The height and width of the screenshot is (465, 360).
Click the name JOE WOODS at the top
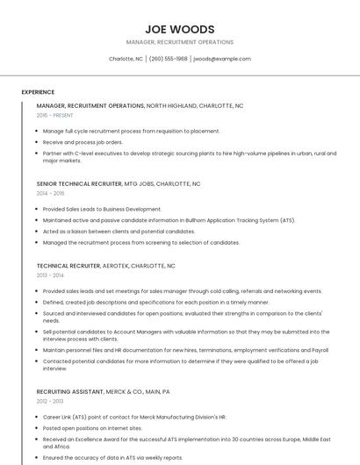coord(179,29)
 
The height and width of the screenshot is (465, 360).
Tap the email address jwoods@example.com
coord(221,59)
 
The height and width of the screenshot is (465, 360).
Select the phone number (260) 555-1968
coord(168,59)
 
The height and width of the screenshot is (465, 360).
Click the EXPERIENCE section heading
coord(38,92)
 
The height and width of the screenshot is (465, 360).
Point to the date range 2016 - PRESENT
coord(55,115)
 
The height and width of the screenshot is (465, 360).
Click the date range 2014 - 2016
coord(50,193)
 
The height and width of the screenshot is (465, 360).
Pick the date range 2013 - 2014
coord(50,275)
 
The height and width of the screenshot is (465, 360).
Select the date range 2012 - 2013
coord(50,401)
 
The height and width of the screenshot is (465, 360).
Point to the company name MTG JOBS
coord(141,184)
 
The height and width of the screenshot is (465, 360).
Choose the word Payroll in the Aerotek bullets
coord(320,349)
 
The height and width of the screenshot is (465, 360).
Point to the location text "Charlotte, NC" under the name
coord(126,59)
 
